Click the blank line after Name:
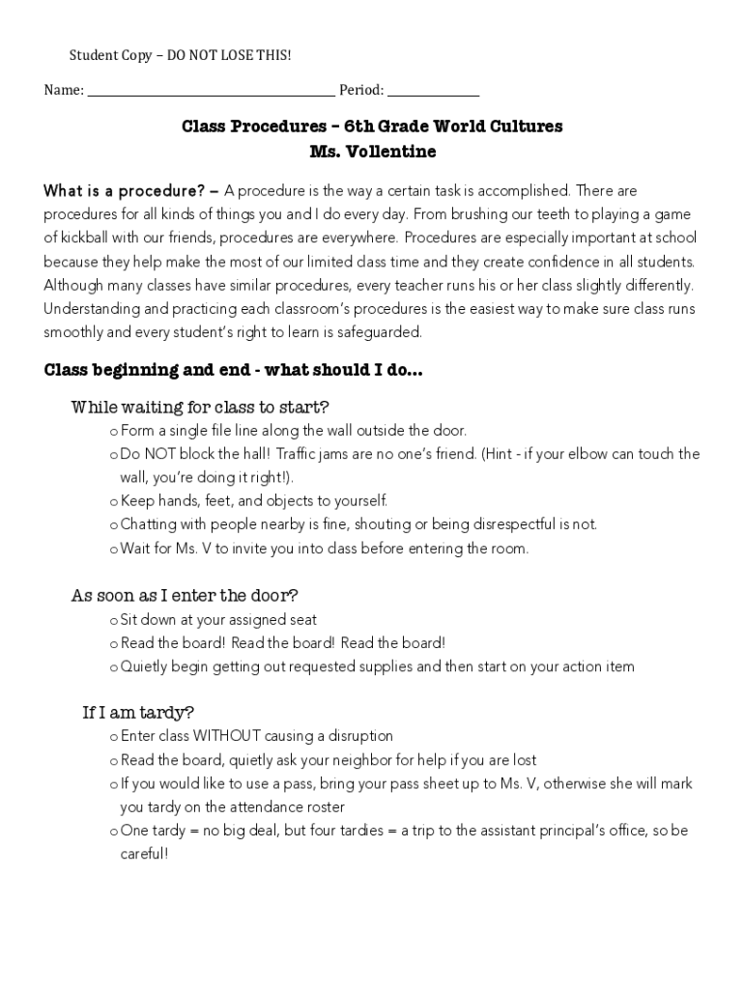[211, 93]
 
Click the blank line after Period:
[433, 93]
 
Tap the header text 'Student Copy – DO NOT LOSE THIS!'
[180, 56]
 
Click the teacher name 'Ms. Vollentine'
[372, 152]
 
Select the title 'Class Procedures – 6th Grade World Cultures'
[372, 127]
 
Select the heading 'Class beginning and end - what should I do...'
[233, 371]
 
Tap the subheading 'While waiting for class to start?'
[200, 407]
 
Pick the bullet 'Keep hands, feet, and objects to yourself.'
[253, 501]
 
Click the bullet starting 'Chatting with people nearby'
[358, 524]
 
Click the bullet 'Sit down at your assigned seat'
[218, 619]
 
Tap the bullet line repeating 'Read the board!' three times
[282, 643]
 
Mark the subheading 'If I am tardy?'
[138, 713]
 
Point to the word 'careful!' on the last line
[144, 855]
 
